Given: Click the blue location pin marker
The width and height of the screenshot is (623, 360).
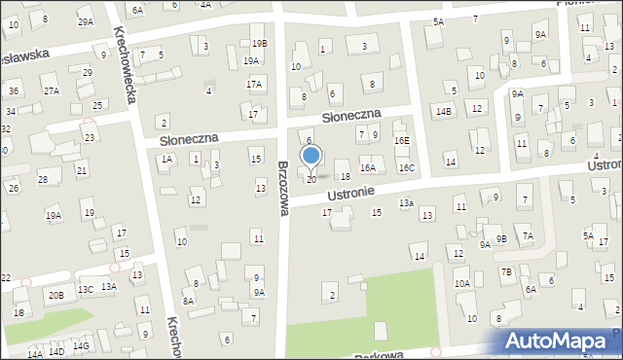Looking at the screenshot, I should (x=311, y=156).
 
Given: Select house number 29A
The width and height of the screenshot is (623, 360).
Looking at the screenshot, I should (x=86, y=21).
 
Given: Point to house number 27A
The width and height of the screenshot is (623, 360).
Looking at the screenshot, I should (x=51, y=90).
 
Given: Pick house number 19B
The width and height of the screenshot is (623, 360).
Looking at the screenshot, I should (x=259, y=44).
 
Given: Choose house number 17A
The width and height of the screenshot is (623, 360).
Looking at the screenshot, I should (x=254, y=85).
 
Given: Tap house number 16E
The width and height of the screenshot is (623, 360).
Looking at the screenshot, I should (x=401, y=141).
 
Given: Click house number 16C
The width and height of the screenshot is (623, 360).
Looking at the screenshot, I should (x=406, y=167).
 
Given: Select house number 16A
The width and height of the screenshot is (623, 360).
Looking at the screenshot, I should (x=367, y=167).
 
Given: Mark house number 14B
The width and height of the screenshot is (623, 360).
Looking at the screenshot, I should (x=444, y=112).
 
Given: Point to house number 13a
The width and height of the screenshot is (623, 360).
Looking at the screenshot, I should (x=406, y=202).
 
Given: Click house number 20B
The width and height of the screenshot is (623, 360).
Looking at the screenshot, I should (x=55, y=295).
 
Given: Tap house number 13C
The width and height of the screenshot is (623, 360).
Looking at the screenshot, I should (x=86, y=289).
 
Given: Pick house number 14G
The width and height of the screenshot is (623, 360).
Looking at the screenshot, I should (x=81, y=345).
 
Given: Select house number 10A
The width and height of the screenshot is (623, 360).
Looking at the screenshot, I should (x=461, y=283).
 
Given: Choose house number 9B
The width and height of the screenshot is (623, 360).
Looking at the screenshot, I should (x=500, y=238).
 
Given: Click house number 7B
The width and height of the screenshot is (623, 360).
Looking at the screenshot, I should (x=506, y=271).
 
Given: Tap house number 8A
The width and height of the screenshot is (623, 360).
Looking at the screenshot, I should (x=189, y=302).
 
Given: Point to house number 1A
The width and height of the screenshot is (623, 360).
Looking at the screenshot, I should (x=166, y=159).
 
